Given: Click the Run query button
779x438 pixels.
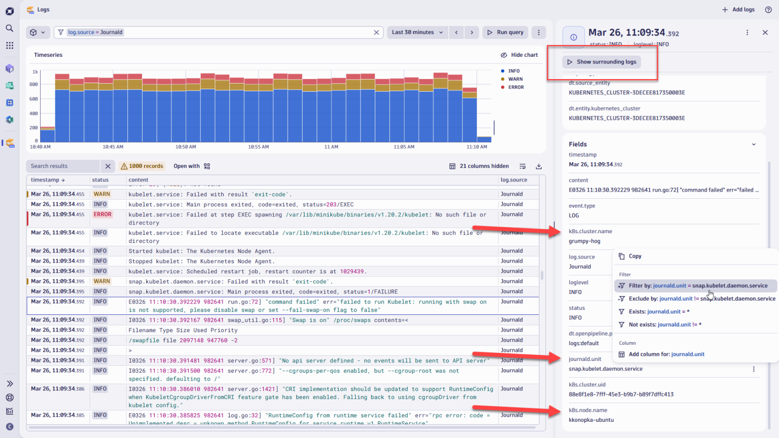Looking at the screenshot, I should click(x=505, y=32).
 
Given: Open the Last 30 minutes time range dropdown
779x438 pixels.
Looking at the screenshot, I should click(x=417, y=32).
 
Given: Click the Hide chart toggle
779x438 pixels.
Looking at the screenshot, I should click(x=519, y=55).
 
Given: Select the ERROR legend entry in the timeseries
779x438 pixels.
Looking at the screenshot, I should click(x=516, y=87).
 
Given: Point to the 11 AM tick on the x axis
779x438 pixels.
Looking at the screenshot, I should click(x=331, y=147).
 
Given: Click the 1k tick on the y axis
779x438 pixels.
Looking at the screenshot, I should click(x=35, y=72).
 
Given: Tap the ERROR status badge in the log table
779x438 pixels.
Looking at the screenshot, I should click(x=102, y=214).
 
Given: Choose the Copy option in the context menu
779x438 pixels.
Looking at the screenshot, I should click(x=635, y=256).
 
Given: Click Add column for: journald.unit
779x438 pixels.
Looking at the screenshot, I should click(x=666, y=354).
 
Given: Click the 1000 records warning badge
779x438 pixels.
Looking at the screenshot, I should click(x=142, y=166).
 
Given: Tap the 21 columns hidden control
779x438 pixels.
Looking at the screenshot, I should click(x=479, y=166).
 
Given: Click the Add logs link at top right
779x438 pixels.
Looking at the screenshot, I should click(x=738, y=10).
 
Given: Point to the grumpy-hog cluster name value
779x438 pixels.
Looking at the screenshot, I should click(x=584, y=241).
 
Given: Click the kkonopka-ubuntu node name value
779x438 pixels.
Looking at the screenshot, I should click(x=591, y=420).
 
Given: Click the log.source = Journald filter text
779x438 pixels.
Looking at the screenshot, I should click(x=95, y=32).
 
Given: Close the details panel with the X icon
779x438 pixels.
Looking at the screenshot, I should click(x=765, y=32).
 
